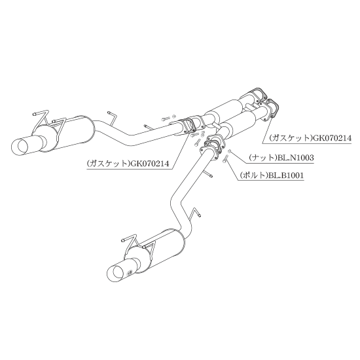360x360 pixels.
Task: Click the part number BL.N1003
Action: coord(295,158)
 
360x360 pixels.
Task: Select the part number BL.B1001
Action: coord(286,175)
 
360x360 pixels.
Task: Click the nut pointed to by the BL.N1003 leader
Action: coord(229,151)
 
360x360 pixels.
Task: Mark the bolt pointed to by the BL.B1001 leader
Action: coord(225,158)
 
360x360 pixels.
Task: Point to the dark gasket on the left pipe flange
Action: coord(189,127)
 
